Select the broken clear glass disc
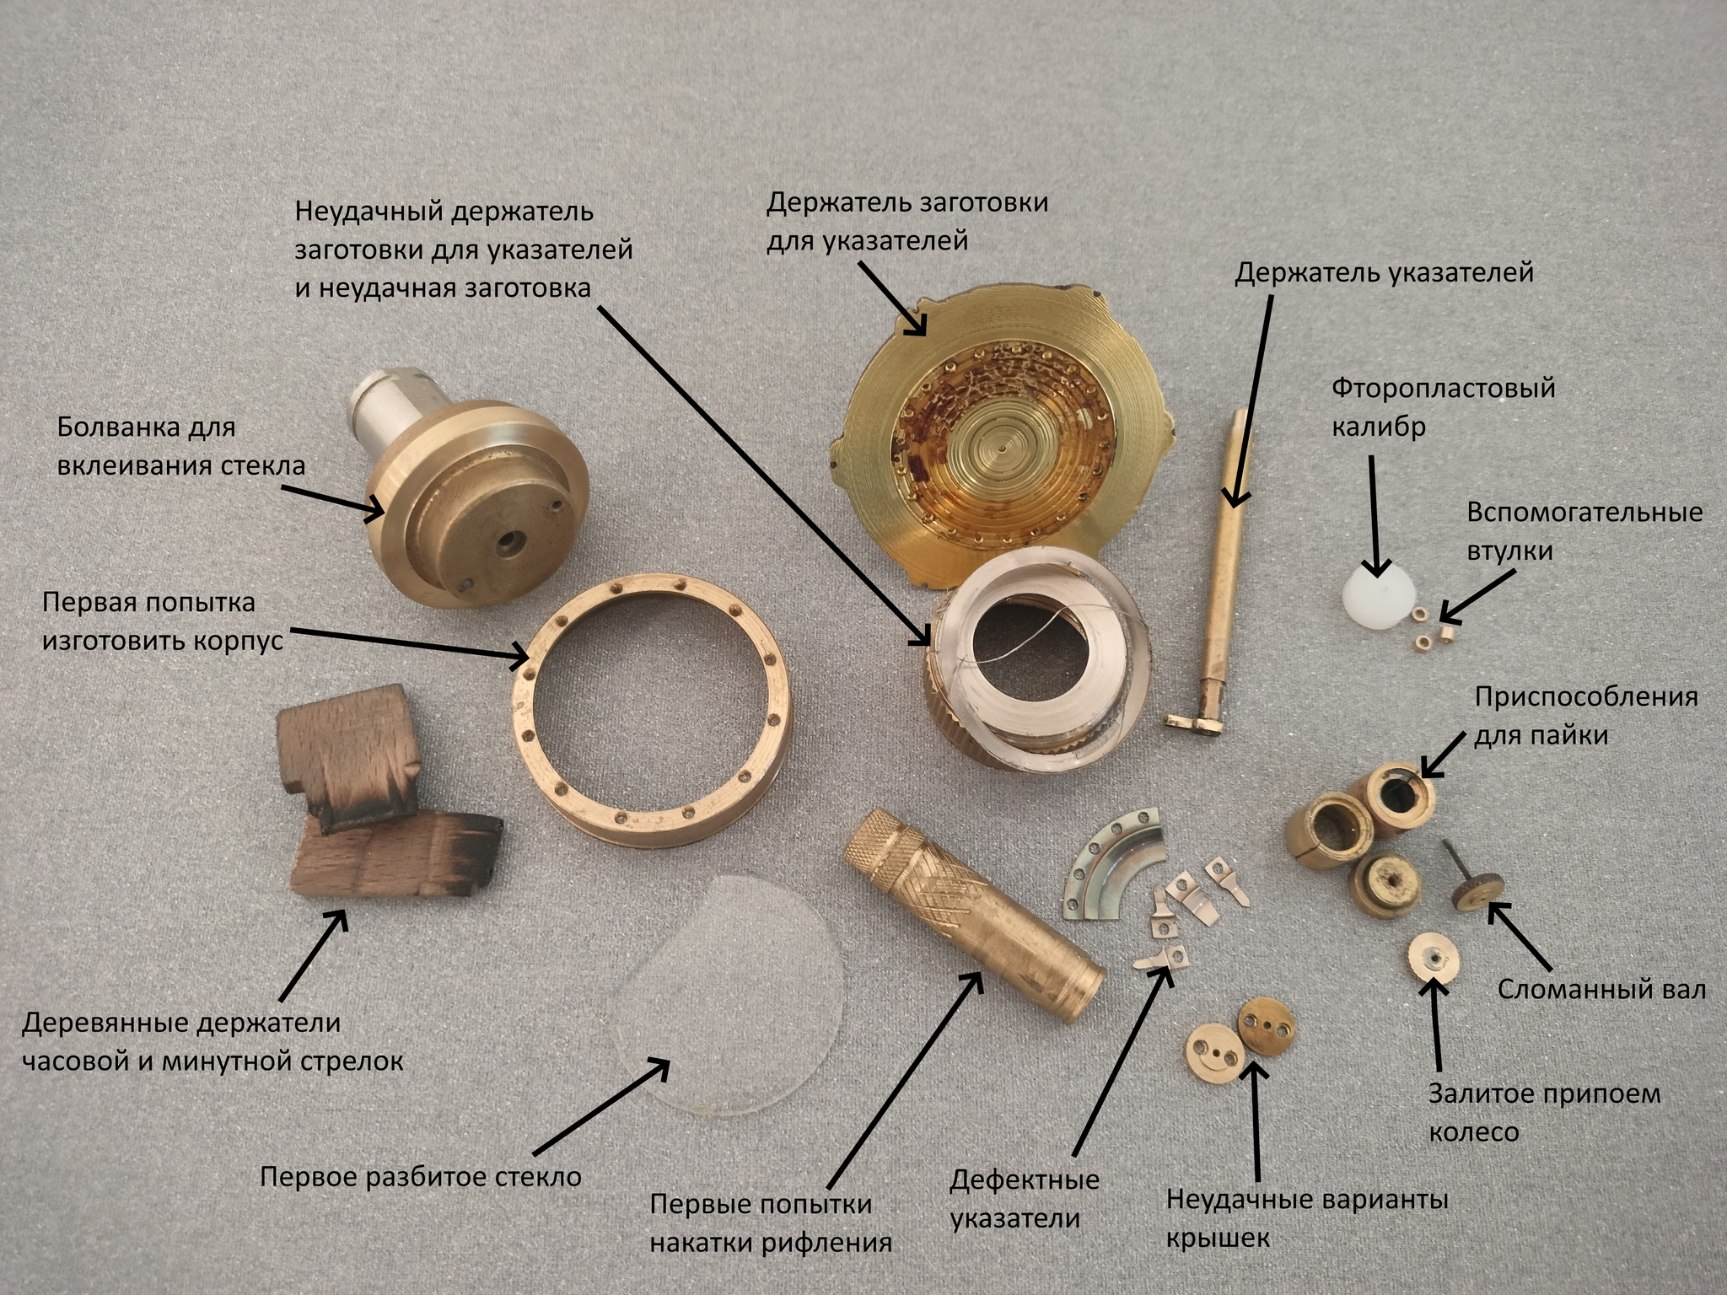pyautogui.click(x=729, y=995)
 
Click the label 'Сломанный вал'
pyautogui.click(x=1601, y=989)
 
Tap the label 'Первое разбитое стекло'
pyautogui.click(x=420, y=1176)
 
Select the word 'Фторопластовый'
pyautogui.click(x=1444, y=388)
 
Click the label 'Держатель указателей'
pyautogui.click(x=1384, y=273)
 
